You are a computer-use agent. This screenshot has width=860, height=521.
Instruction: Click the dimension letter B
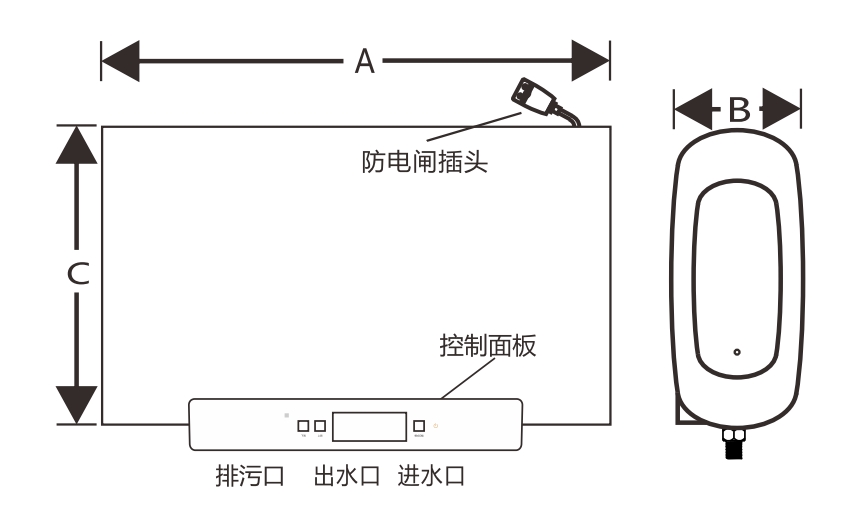(738, 110)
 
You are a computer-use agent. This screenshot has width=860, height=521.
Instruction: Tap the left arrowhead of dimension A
(121, 61)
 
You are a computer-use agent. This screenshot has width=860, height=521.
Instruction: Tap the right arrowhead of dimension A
(591, 61)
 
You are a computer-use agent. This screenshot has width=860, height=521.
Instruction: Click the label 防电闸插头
(425, 160)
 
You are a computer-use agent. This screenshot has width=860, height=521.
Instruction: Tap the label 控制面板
(488, 347)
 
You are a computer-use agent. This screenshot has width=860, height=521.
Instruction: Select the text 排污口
(250, 474)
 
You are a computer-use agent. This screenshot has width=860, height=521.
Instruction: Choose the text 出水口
(346, 474)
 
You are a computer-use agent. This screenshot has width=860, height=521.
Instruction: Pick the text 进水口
(432, 474)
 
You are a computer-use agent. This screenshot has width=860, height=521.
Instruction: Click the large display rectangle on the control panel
(370, 425)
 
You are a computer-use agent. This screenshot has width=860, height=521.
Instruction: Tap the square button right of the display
(420, 426)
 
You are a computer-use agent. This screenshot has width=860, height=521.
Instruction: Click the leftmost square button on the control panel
(303, 426)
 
